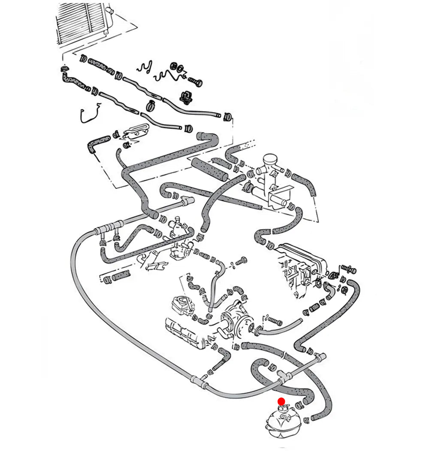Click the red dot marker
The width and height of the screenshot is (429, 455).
pyautogui.click(x=281, y=401)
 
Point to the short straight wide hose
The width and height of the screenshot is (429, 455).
pyautogui.click(x=209, y=168)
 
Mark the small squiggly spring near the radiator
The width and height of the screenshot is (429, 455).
pyautogui.click(x=144, y=67)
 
